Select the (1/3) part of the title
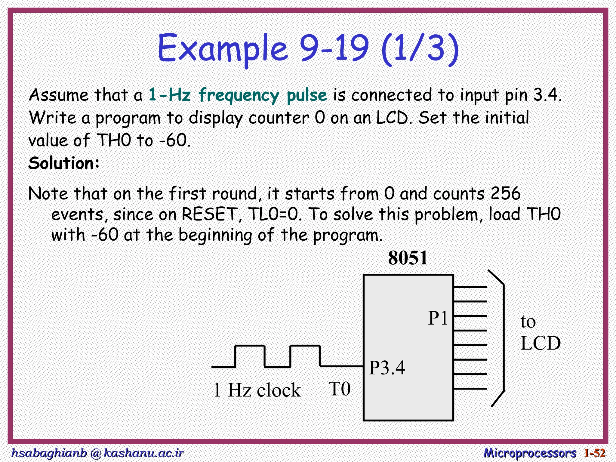(x=420, y=48)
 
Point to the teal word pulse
(x=306, y=95)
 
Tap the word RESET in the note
(x=209, y=214)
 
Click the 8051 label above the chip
(x=408, y=258)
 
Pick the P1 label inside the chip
(x=438, y=318)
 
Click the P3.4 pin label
(x=387, y=368)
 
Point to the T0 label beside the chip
(x=340, y=389)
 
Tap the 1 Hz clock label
(x=257, y=390)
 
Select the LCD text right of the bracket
(x=541, y=343)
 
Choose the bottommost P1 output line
(x=470, y=389)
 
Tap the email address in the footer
(x=97, y=453)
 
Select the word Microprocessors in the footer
(x=530, y=453)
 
